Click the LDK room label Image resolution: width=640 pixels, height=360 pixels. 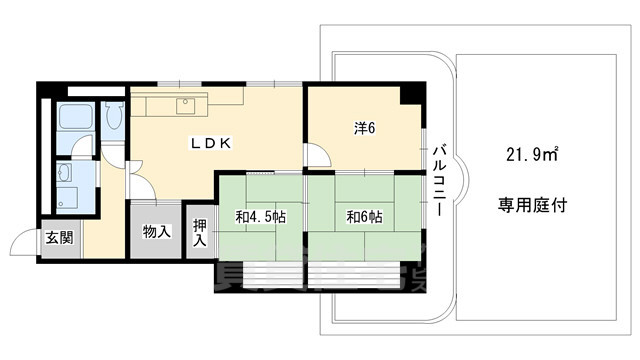(212, 143)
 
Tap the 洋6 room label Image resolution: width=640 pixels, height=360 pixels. (363, 127)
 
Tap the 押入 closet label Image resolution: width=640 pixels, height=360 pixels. (199, 232)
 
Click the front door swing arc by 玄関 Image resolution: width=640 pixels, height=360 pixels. (22, 241)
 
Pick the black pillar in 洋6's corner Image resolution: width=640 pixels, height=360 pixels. (411, 94)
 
